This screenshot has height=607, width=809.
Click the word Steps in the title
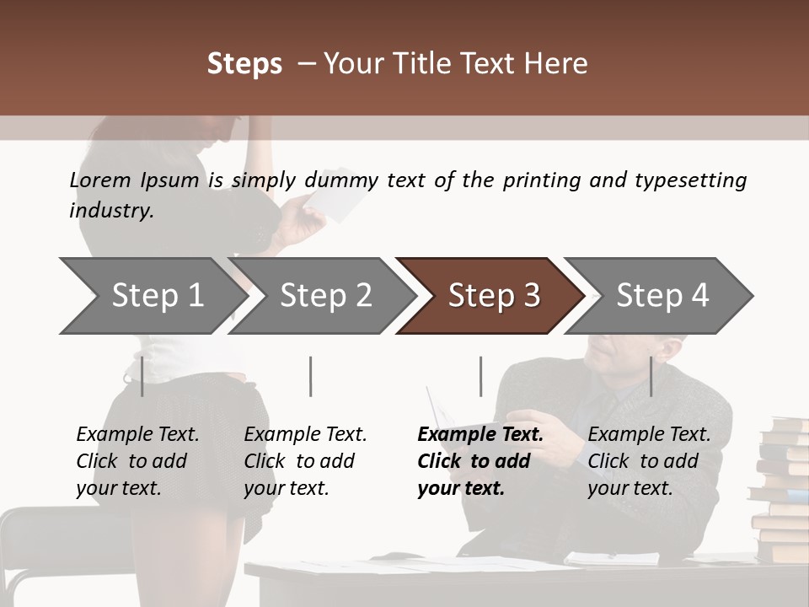pos(244,64)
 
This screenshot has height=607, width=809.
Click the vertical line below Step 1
pos(142,376)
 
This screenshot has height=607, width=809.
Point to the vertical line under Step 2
pos(311,376)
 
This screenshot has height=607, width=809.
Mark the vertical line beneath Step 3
pos(481,376)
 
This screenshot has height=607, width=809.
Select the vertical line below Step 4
pos(651,376)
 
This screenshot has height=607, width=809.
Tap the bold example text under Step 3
pos(480,461)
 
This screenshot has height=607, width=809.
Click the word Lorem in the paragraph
pos(100,180)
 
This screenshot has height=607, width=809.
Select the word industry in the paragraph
pos(111,211)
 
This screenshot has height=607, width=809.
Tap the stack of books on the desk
pos(781,489)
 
